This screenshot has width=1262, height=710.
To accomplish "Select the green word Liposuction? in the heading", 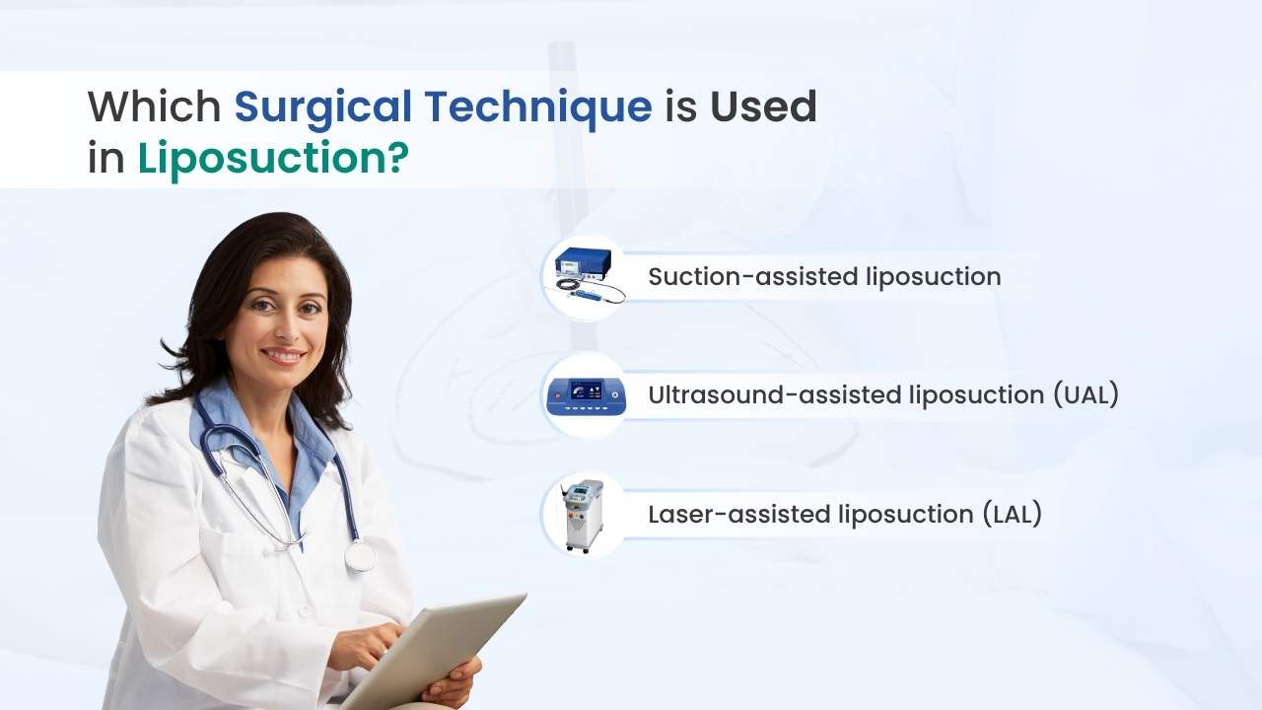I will click(272, 159).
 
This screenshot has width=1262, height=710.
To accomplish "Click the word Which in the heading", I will click(154, 106).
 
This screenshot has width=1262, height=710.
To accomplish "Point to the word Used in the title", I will click(763, 106).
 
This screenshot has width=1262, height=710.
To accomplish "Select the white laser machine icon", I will click(585, 514).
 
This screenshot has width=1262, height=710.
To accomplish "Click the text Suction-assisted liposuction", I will click(824, 277).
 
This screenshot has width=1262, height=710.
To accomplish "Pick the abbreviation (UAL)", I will click(1085, 395).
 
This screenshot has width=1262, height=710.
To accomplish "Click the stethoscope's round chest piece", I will click(360, 556).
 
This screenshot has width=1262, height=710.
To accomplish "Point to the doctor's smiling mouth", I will click(283, 354).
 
